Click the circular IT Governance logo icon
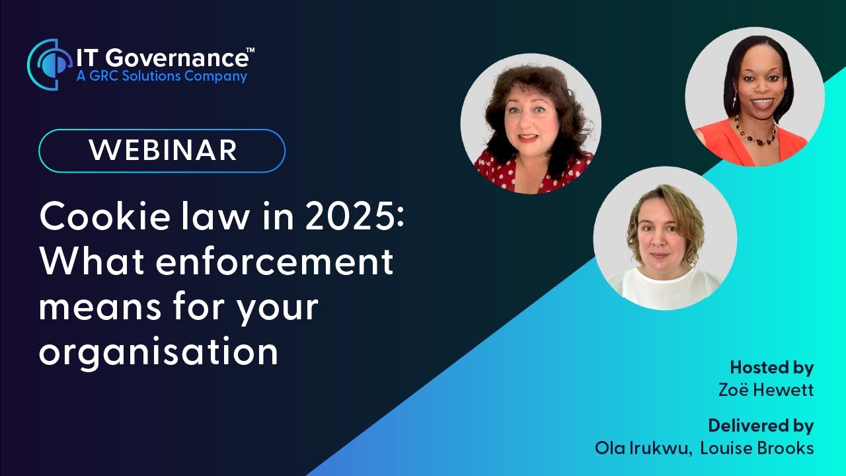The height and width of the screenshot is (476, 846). (x=48, y=64)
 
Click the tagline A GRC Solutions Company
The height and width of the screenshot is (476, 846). (x=161, y=77)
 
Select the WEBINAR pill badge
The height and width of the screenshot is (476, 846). (x=162, y=151)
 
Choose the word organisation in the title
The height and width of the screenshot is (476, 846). (x=159, y=352)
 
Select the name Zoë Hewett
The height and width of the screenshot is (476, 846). (x=766, y=390)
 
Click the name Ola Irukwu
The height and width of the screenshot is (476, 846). (x=642, y=448)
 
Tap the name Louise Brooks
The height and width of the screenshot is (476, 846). (x=757, y=448)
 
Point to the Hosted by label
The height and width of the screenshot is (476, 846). (x=771, y=368)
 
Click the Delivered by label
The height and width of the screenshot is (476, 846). (x=761, y=425)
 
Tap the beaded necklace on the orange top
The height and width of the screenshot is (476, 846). (x=756, y=133)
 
